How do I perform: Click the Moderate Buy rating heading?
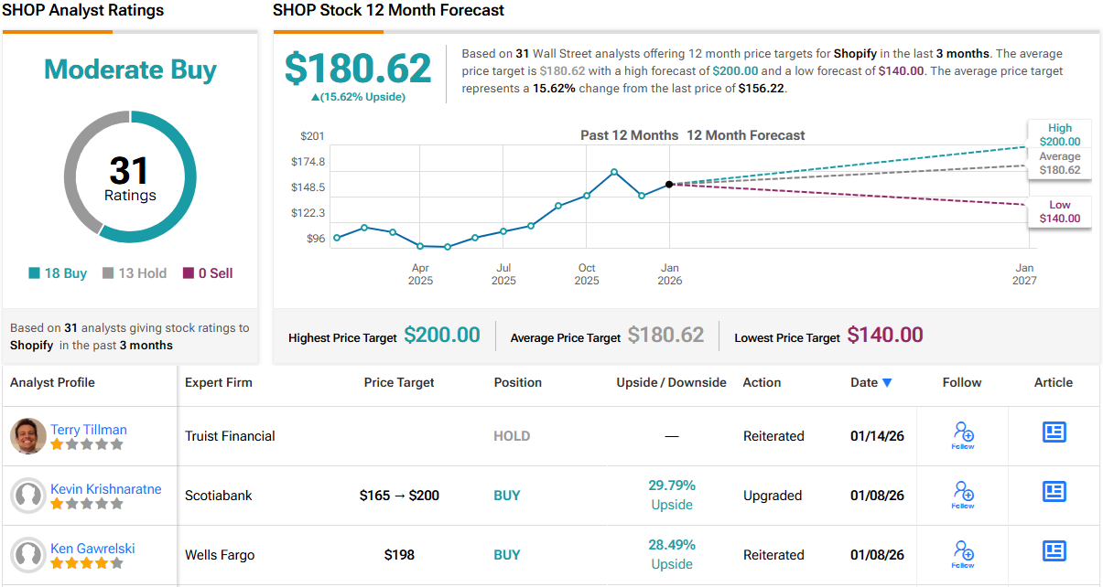pos(130,69)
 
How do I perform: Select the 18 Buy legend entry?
pos(58,273)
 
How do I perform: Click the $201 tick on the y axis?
pos(312,136)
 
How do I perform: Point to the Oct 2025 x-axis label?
pos(587,274)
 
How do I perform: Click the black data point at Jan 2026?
pos(669,185)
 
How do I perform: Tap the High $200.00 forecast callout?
pos(1059,135)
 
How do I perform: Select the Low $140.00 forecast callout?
pos(1059,212)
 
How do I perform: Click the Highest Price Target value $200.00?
pos(442,336)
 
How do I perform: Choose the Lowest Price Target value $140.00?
pos(885,336)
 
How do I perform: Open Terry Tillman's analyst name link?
pos(89,430)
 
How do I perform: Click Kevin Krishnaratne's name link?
pos(106,489)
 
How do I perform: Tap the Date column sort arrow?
pos(887,383)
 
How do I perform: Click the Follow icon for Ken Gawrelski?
pos(963,552)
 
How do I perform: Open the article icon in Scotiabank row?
pos(1054,492)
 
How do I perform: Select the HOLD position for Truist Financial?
pos(512,436)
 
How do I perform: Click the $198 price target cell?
pos(399,555)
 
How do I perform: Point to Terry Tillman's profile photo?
pos(28,436)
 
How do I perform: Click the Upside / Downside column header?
pos(671,382)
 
